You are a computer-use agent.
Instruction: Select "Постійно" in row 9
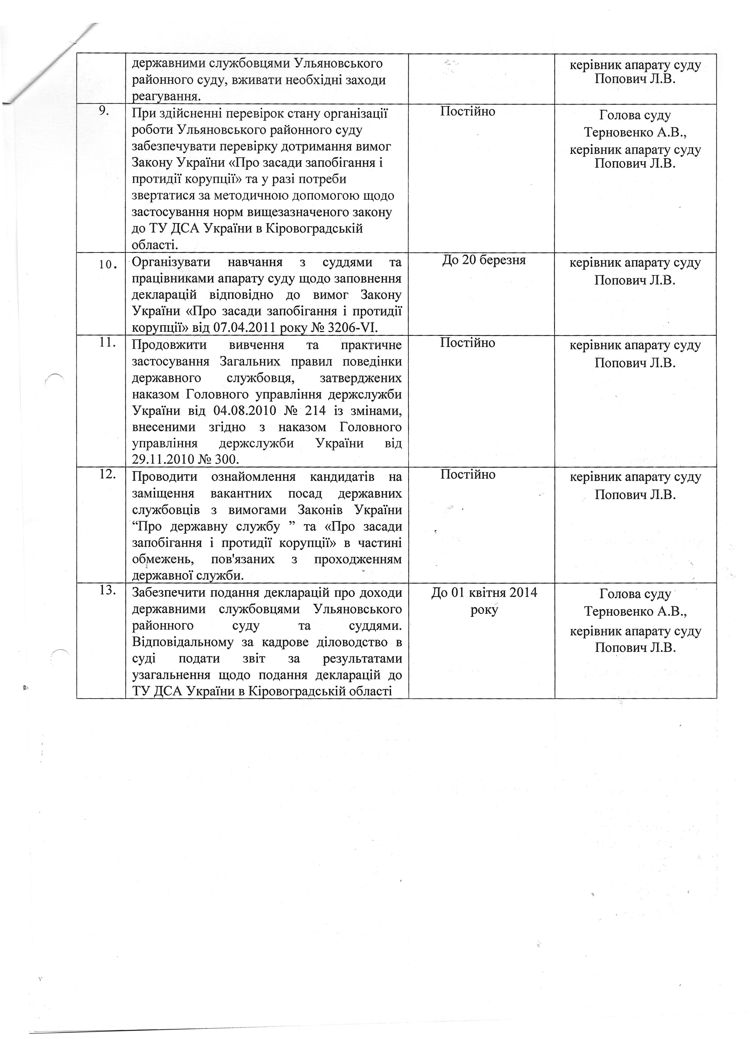[468, 111]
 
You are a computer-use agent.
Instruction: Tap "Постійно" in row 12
[468, 474]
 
